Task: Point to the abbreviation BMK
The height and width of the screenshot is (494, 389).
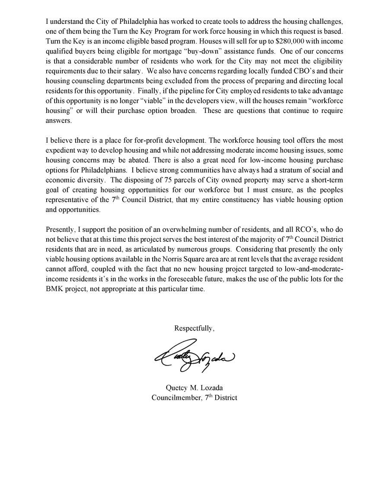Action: pos(54,289)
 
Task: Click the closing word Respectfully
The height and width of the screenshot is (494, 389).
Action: pos(194,328)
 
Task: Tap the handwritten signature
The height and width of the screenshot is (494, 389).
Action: pos(194,357)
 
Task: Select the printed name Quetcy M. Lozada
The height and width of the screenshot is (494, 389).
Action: pos(194,388)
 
